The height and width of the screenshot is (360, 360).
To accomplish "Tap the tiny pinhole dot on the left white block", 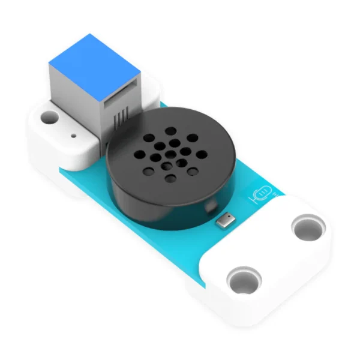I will tap(73, 136).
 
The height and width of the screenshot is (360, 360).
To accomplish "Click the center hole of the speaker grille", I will tap(165, 150).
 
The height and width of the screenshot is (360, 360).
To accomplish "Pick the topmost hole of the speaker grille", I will tap(171, 131).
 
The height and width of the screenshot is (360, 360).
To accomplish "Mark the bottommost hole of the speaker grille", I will tap(172, 179).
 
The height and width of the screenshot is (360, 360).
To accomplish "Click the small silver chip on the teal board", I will tap(224, 221).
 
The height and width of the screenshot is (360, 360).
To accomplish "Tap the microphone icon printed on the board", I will tap(261, 194).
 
